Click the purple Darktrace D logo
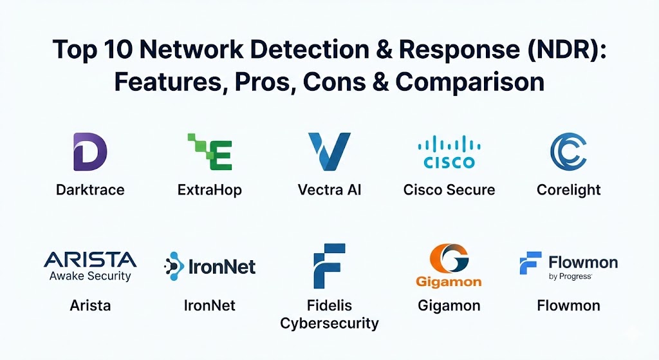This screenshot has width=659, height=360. coord(90,151)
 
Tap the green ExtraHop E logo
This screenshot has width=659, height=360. coord(210,151)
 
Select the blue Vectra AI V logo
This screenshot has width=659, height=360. coord(329,151)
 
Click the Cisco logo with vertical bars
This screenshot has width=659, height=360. coord(449,152)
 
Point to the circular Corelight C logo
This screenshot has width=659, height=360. coord(568,151)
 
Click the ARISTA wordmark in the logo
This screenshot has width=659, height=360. coord(90,260)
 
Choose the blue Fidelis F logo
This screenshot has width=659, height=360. coord(329,265)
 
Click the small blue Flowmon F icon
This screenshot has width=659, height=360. coord(530,263)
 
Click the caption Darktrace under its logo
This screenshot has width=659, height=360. coord(90,190)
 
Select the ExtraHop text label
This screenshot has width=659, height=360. coord(210,190)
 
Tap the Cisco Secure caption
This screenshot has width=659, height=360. coord(449,190)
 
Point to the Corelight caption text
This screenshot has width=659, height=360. coord(568,190)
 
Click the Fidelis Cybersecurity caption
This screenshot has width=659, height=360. coord(329,314)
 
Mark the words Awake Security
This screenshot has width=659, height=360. coord(90,276)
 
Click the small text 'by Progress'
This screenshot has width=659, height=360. coord(570,277)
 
